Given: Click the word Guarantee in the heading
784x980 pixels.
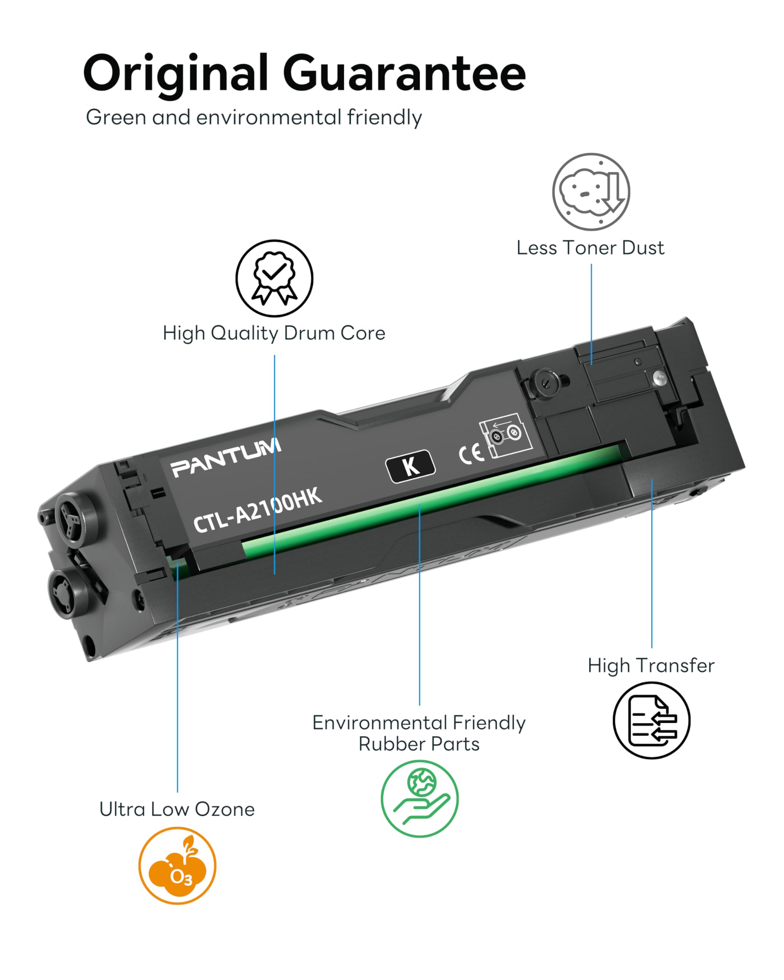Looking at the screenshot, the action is click(x=405, y=73).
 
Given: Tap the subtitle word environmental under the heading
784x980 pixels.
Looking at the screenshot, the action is click(x=269, y=117).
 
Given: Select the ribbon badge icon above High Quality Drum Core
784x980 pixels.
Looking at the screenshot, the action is click(x=274, y=278).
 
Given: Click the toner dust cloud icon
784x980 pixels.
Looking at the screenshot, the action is click(x=591, y=191).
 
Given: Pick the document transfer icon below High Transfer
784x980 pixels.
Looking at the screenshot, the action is click(x=651, y=720).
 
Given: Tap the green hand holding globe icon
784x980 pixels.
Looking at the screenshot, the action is click(x=420, y=799).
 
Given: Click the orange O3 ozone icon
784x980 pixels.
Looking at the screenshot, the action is click(x=177, y=866).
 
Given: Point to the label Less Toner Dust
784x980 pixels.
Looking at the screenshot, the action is click(x=590, y=248).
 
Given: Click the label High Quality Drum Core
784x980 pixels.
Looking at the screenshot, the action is click(x=274, y=333).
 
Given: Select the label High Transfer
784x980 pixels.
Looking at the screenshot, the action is click(x=651, y=665).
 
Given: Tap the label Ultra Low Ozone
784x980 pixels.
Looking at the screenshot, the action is click(x=177, y=809).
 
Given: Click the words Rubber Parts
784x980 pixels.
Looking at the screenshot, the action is click(x=419, y=744).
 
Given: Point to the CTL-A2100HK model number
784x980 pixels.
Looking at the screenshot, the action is click(x=258, y=510).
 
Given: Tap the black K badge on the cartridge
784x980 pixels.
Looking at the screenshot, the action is click(x=410, y=466).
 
